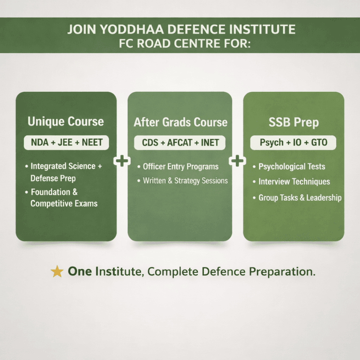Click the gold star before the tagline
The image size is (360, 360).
[57, 271]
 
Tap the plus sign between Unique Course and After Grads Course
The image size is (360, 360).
[122, 161]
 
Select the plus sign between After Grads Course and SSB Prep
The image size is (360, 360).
[238, 161]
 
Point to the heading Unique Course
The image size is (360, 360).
[66, 121]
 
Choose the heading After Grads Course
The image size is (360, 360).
[180, 122]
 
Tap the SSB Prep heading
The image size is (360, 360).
[294, 122]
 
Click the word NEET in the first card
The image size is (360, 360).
[92, 142]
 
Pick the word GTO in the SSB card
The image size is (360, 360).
[319, 142]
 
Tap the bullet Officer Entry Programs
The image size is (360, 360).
[178, 166]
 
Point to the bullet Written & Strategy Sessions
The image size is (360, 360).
[183, 181]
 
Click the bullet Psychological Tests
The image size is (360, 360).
[289, 166]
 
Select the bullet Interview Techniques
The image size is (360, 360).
[291, 182]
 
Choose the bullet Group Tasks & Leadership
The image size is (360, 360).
[297, 198]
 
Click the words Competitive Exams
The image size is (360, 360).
[64, 204]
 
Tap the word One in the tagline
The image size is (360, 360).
[80, 271]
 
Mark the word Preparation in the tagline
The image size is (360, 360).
[282, 272]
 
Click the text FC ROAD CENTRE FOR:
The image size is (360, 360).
[184, 44]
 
